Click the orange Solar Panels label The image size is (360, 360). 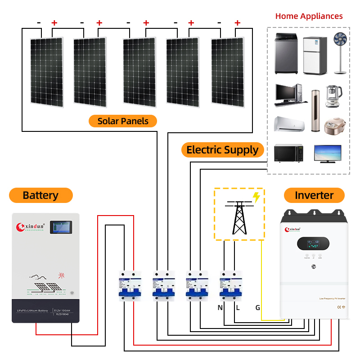click(122, 121)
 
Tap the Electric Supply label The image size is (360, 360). click(222, 150)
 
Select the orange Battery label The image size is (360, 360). click(40, 195)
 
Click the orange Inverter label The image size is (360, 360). click(314, 195)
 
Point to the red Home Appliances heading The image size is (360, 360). click(309, 16)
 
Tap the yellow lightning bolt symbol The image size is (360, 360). click(256, 197)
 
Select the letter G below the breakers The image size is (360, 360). click(257, 308)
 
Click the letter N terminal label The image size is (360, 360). click(220, 308)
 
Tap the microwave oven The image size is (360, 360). click(288, 153)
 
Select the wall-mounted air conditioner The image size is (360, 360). click(288, 123)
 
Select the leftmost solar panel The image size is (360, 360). click(46, 72)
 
